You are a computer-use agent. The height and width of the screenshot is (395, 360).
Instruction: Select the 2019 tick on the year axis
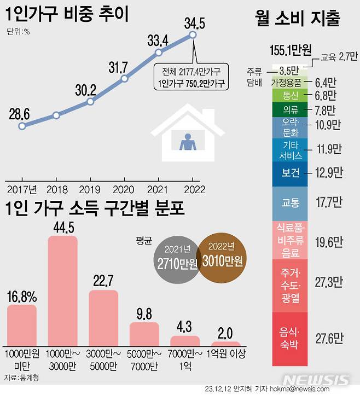(89, 189)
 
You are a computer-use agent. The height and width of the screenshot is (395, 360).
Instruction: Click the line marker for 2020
(124, 78)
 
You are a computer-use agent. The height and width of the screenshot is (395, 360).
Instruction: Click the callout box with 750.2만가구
(191, 77)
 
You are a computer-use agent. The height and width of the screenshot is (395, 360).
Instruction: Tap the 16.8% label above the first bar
(22, 297)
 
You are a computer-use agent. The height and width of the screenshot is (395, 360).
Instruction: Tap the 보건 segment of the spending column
(290, 173)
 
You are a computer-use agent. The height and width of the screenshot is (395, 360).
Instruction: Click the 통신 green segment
(290, 95)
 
